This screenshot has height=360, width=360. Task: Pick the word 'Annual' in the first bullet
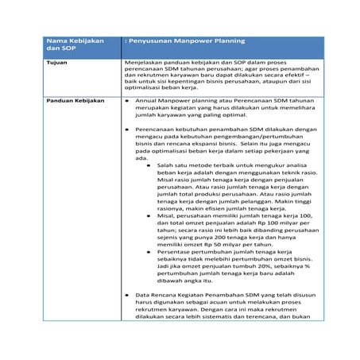(x=148, y=102)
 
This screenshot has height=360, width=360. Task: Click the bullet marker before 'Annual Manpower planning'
(x=129, y=102)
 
